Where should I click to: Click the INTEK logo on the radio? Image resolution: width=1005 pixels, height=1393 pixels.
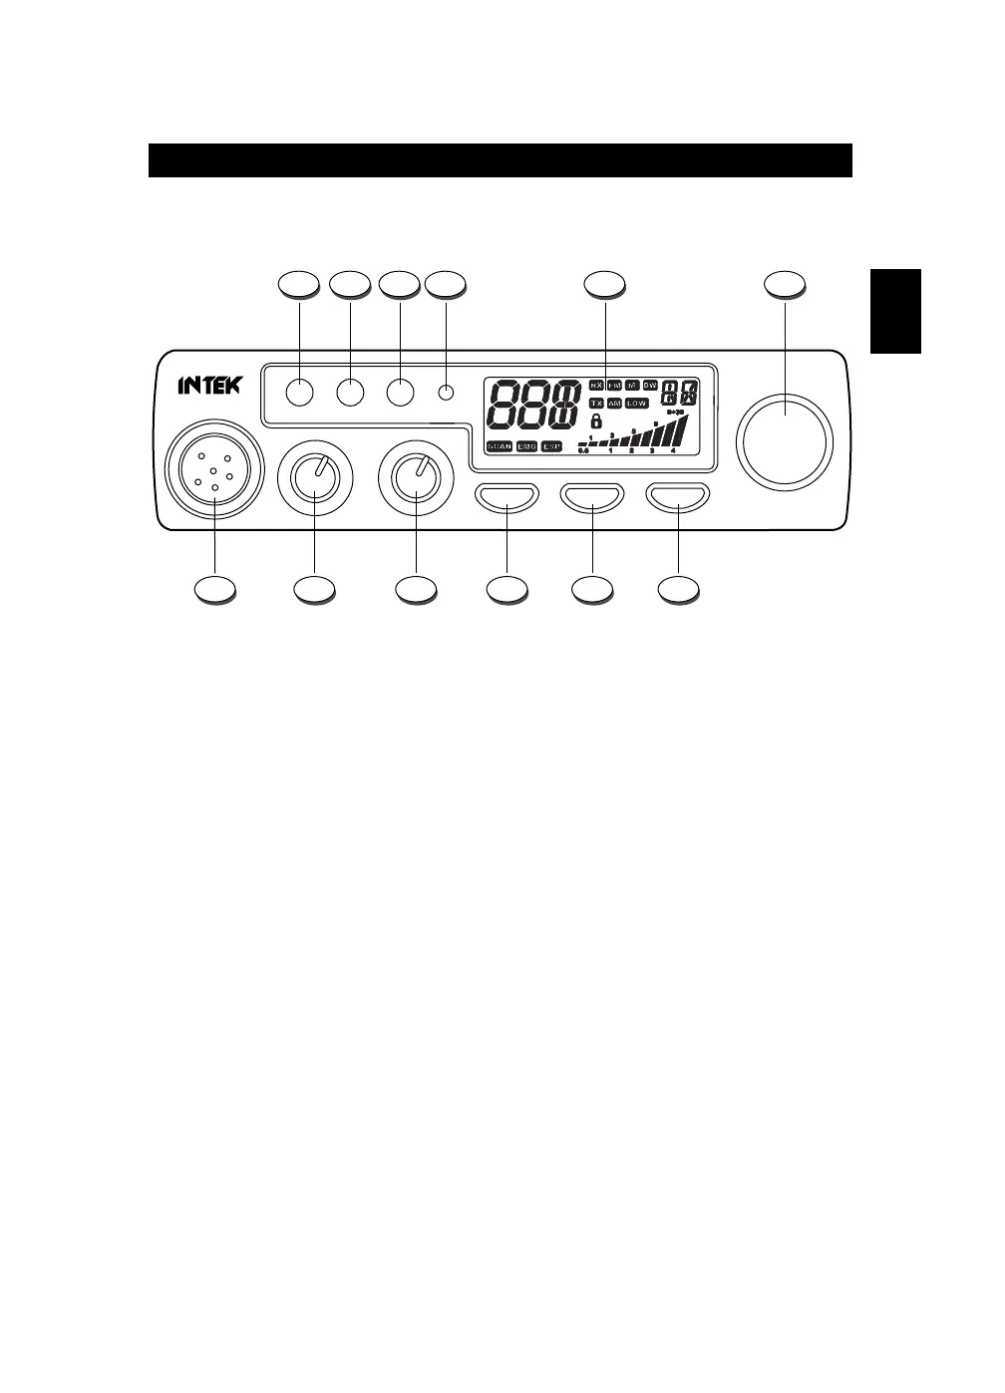tap(209, 385)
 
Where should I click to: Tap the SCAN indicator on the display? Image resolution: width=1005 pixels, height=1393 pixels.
tap(500, 446)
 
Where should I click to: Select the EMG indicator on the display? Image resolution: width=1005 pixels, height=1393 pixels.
tap(527, 446)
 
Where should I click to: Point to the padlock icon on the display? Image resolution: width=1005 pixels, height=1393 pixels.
tap(595, 420)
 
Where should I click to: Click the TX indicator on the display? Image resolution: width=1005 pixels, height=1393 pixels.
tap(595, 404)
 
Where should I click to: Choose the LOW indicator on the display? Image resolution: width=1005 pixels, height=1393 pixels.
tap(636, 404)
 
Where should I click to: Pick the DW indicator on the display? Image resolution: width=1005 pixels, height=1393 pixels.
tap(649, 385)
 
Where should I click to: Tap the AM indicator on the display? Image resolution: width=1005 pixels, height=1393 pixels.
tap(614, 404)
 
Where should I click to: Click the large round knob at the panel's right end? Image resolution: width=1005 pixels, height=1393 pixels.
tap(784, 439)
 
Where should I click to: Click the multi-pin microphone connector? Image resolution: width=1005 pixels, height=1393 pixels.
tap(215, 470)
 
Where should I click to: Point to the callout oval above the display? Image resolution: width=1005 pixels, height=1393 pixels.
tap(605, 284)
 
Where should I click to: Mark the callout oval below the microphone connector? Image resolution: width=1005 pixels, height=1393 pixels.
tap(215, 590)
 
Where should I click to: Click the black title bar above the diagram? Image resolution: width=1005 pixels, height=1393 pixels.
tap(500, 160)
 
